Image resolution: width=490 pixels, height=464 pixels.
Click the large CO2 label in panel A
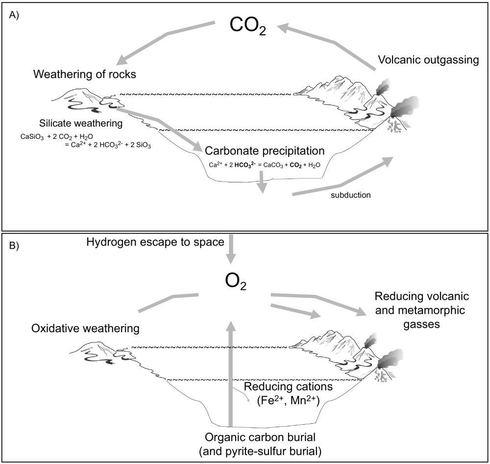click(247, 27)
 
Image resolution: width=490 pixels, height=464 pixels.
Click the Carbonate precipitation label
click(265, 150)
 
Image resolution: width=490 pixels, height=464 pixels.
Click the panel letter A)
click(14, 14)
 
